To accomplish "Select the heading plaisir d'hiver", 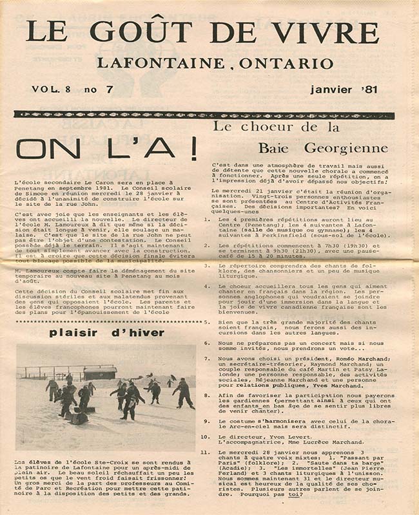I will pyautogui.click(x=106, y=333).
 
